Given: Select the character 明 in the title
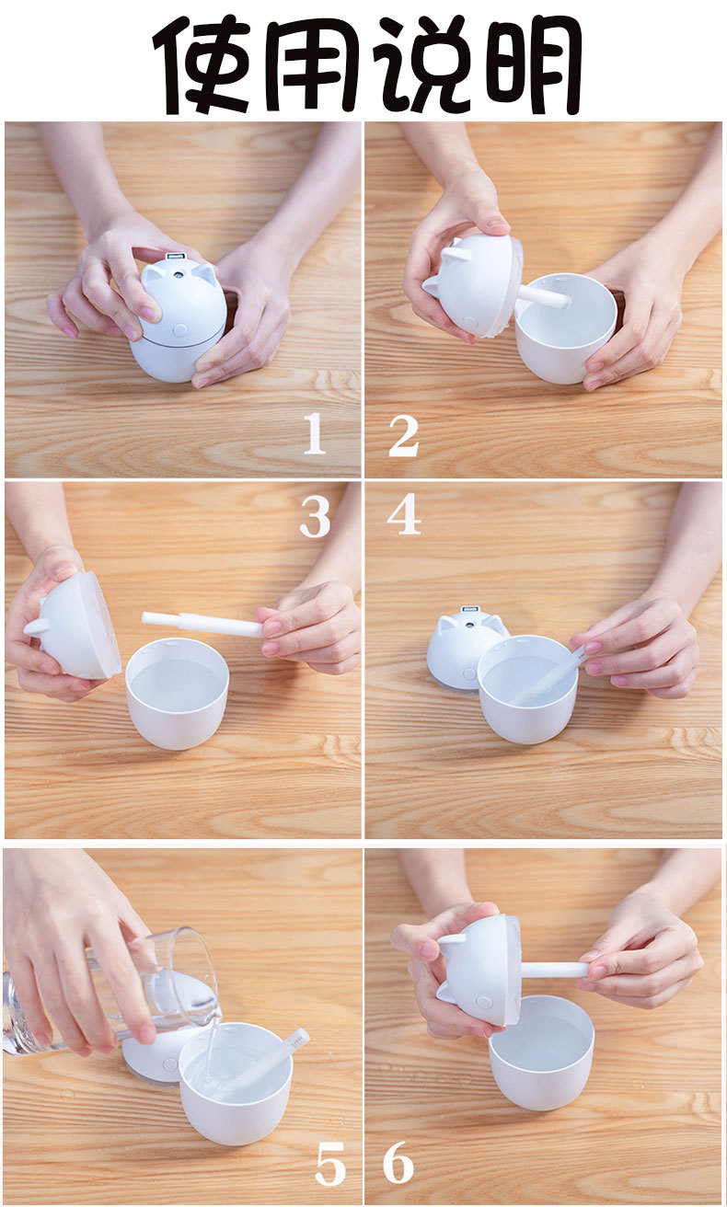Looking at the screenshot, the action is click(530, 64).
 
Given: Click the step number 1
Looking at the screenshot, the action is click(315, 434).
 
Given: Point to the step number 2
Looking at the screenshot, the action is click(404, 435).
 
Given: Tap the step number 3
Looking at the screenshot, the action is click(316, 517).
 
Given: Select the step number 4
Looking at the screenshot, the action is click(404, 513).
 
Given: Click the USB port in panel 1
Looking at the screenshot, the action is click(174, 256).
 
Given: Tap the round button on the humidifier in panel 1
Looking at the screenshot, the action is click(180, 328).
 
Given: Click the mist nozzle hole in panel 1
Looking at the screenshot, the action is click(176, 275).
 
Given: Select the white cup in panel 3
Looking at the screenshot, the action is click(178, 694).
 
